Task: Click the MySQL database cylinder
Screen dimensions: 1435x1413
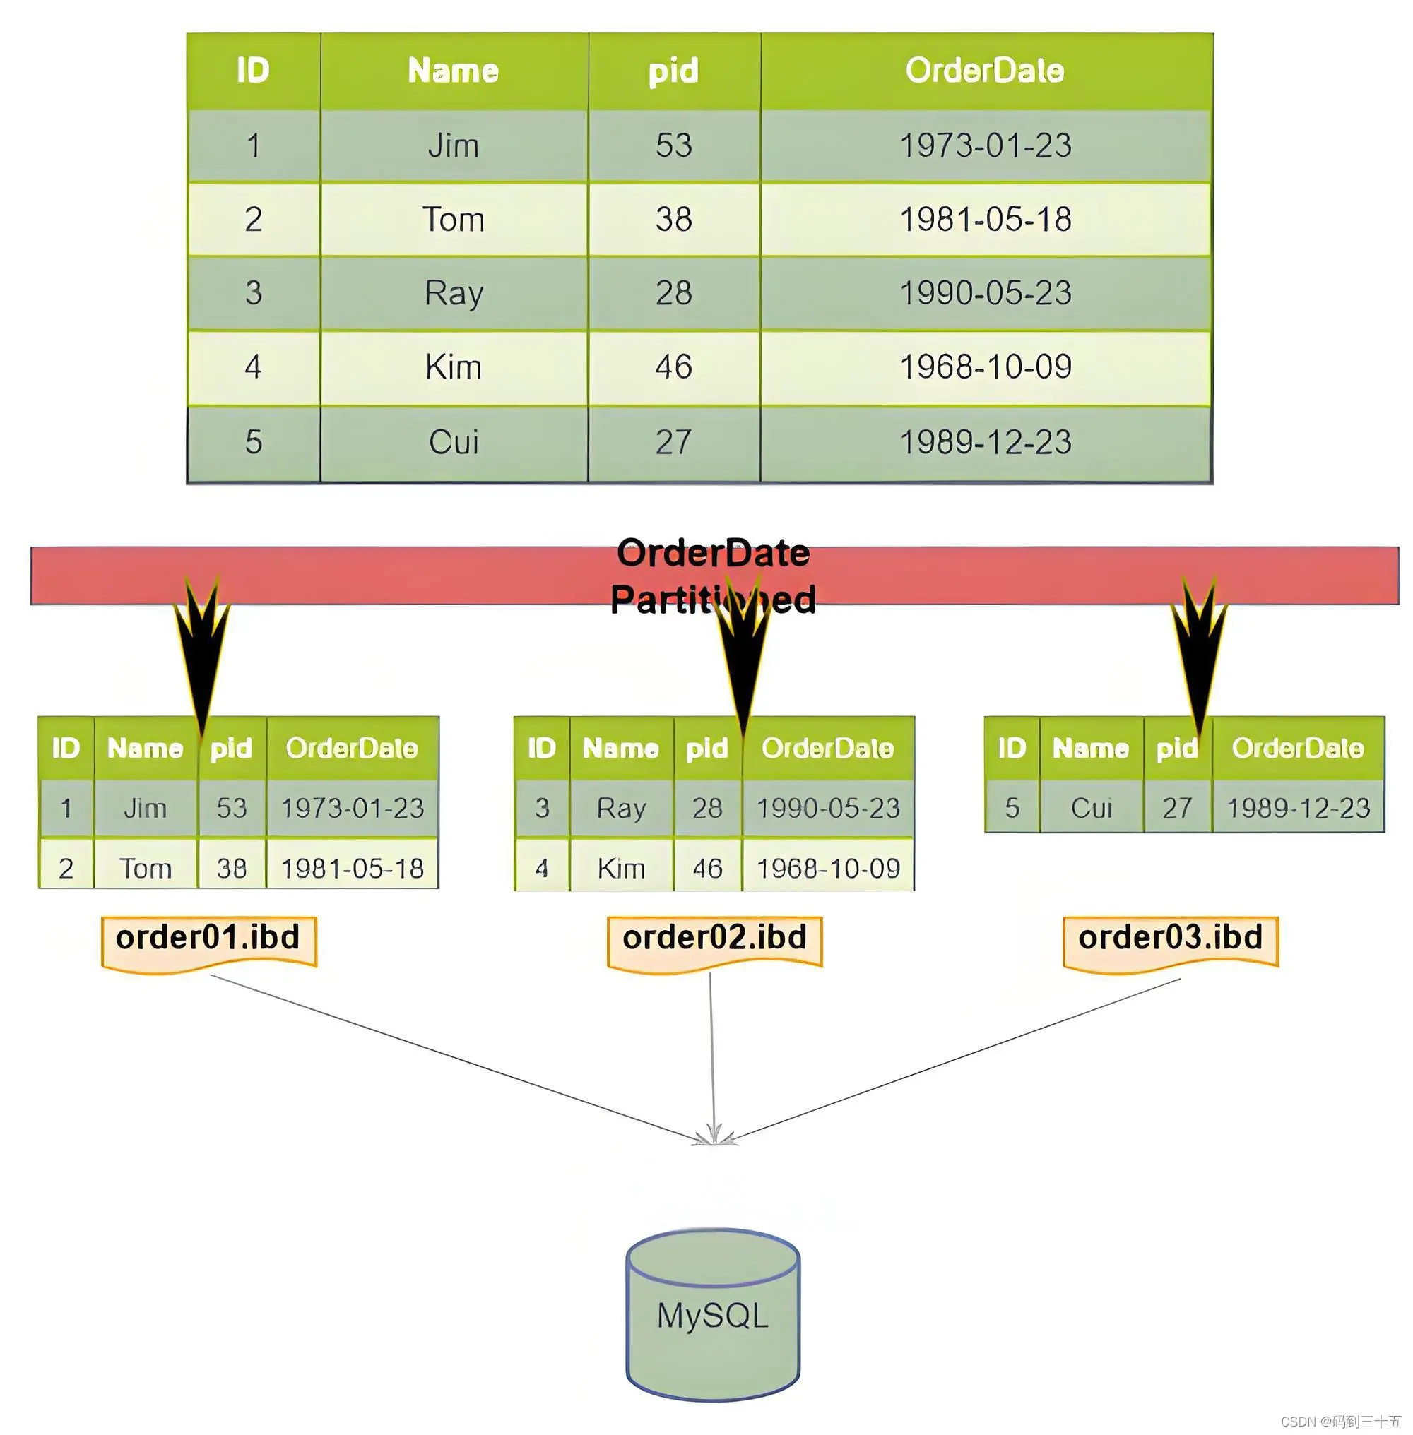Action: (x=712, y=1315)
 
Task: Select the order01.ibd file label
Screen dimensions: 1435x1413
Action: (x=208, y=939)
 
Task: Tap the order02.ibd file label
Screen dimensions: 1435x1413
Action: (x=715, y=939)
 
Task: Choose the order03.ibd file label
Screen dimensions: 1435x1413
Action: (x=1171, y=939)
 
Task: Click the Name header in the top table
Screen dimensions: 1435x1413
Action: (x=454, y=71)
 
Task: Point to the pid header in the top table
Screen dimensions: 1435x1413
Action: (x=673, y=71)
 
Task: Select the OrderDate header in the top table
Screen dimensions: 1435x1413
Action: (x=985, y=71)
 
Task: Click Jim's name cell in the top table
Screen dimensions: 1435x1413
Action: (x=454, y=145)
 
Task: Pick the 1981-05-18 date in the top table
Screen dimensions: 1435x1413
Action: (x=986, y=220)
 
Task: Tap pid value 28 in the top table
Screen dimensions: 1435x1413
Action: (x=673, y=293)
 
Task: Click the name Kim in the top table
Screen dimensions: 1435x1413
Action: (x=454, y=367)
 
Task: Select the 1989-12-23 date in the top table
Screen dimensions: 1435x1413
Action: (x=986, y=442)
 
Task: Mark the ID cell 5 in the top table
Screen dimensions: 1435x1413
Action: (x=254, y=442)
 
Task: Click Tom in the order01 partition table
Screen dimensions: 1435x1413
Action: (x=146, y=868)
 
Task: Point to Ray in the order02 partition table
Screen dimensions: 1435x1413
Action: (x=621, y=808)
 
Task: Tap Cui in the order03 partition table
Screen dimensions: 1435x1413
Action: (x=1092, y=808)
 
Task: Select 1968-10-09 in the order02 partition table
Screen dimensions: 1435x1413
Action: (x=828, y=868)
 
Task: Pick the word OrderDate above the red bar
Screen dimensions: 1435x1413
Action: (x=713, y=554)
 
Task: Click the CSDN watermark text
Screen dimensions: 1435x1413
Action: (x=1340, y=1421)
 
